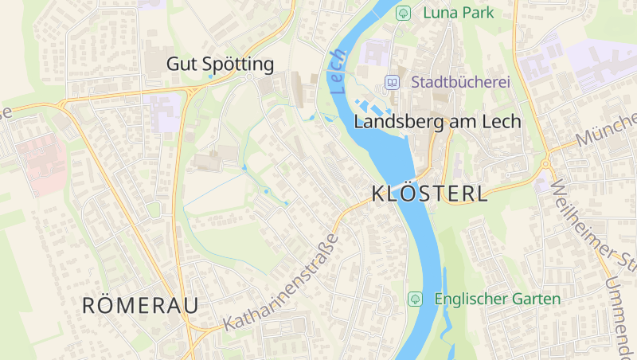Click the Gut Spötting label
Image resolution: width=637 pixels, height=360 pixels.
tap(220, 65)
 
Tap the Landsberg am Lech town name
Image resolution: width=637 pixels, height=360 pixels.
tap(436, 122)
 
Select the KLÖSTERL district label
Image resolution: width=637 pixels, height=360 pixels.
tap(429, 194)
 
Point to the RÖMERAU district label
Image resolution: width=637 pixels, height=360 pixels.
tap(140, 304)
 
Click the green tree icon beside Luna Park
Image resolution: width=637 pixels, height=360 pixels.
tap(403, 13)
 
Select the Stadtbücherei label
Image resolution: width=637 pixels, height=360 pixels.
tap(460, 82)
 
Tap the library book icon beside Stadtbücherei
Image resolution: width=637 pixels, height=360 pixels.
tap(392, 82)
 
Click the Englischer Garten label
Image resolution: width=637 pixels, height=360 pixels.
tap(498, 299)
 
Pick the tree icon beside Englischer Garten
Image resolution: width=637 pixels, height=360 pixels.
tap(414, 299)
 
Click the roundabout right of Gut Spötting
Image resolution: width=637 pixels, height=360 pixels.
tap(249, 77)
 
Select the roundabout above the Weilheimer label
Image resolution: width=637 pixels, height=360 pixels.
tap(545, 164)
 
